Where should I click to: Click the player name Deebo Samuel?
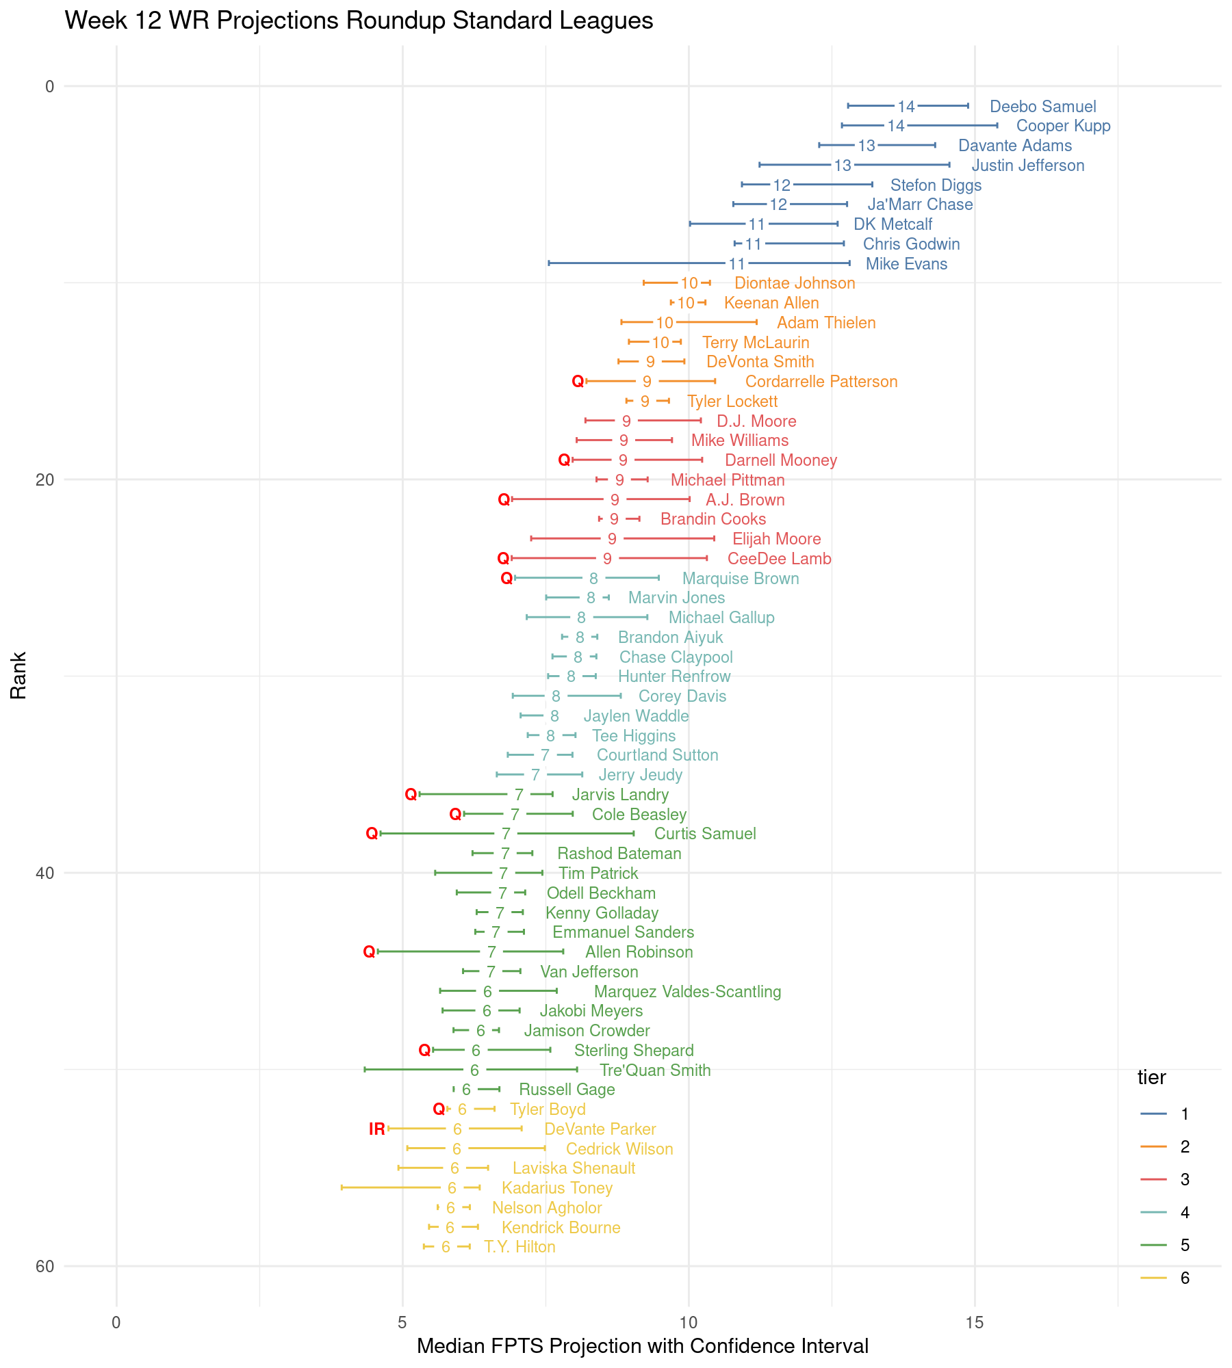tap(1042, 107)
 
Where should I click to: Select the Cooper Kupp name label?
tap(1063, 126)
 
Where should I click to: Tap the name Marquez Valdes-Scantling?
tap(687, 992)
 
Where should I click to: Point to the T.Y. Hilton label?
tap(519, 1247)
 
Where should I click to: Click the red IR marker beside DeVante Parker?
tap(377, 1129)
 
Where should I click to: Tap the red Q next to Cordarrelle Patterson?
tap(578, 382)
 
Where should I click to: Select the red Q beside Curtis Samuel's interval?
tap(372, 834)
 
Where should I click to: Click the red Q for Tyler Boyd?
tap(439, 1109)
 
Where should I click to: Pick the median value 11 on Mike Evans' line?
tap(736, 264)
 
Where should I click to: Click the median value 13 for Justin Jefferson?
tap(843, 166)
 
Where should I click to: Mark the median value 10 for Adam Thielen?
tap(665, 323)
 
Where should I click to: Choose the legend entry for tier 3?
tap(1185, 1179)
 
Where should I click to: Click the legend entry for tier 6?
tap(1185, 1278)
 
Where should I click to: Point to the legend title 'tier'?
tap(1151, 1078)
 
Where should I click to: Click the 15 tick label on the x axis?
tap(975, 1323)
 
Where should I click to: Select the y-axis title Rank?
tap(18, 675)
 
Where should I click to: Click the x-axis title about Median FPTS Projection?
tap(642, 1346)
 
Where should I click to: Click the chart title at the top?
tap(359, 21)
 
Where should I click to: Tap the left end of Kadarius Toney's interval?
tap(342, 1188)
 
